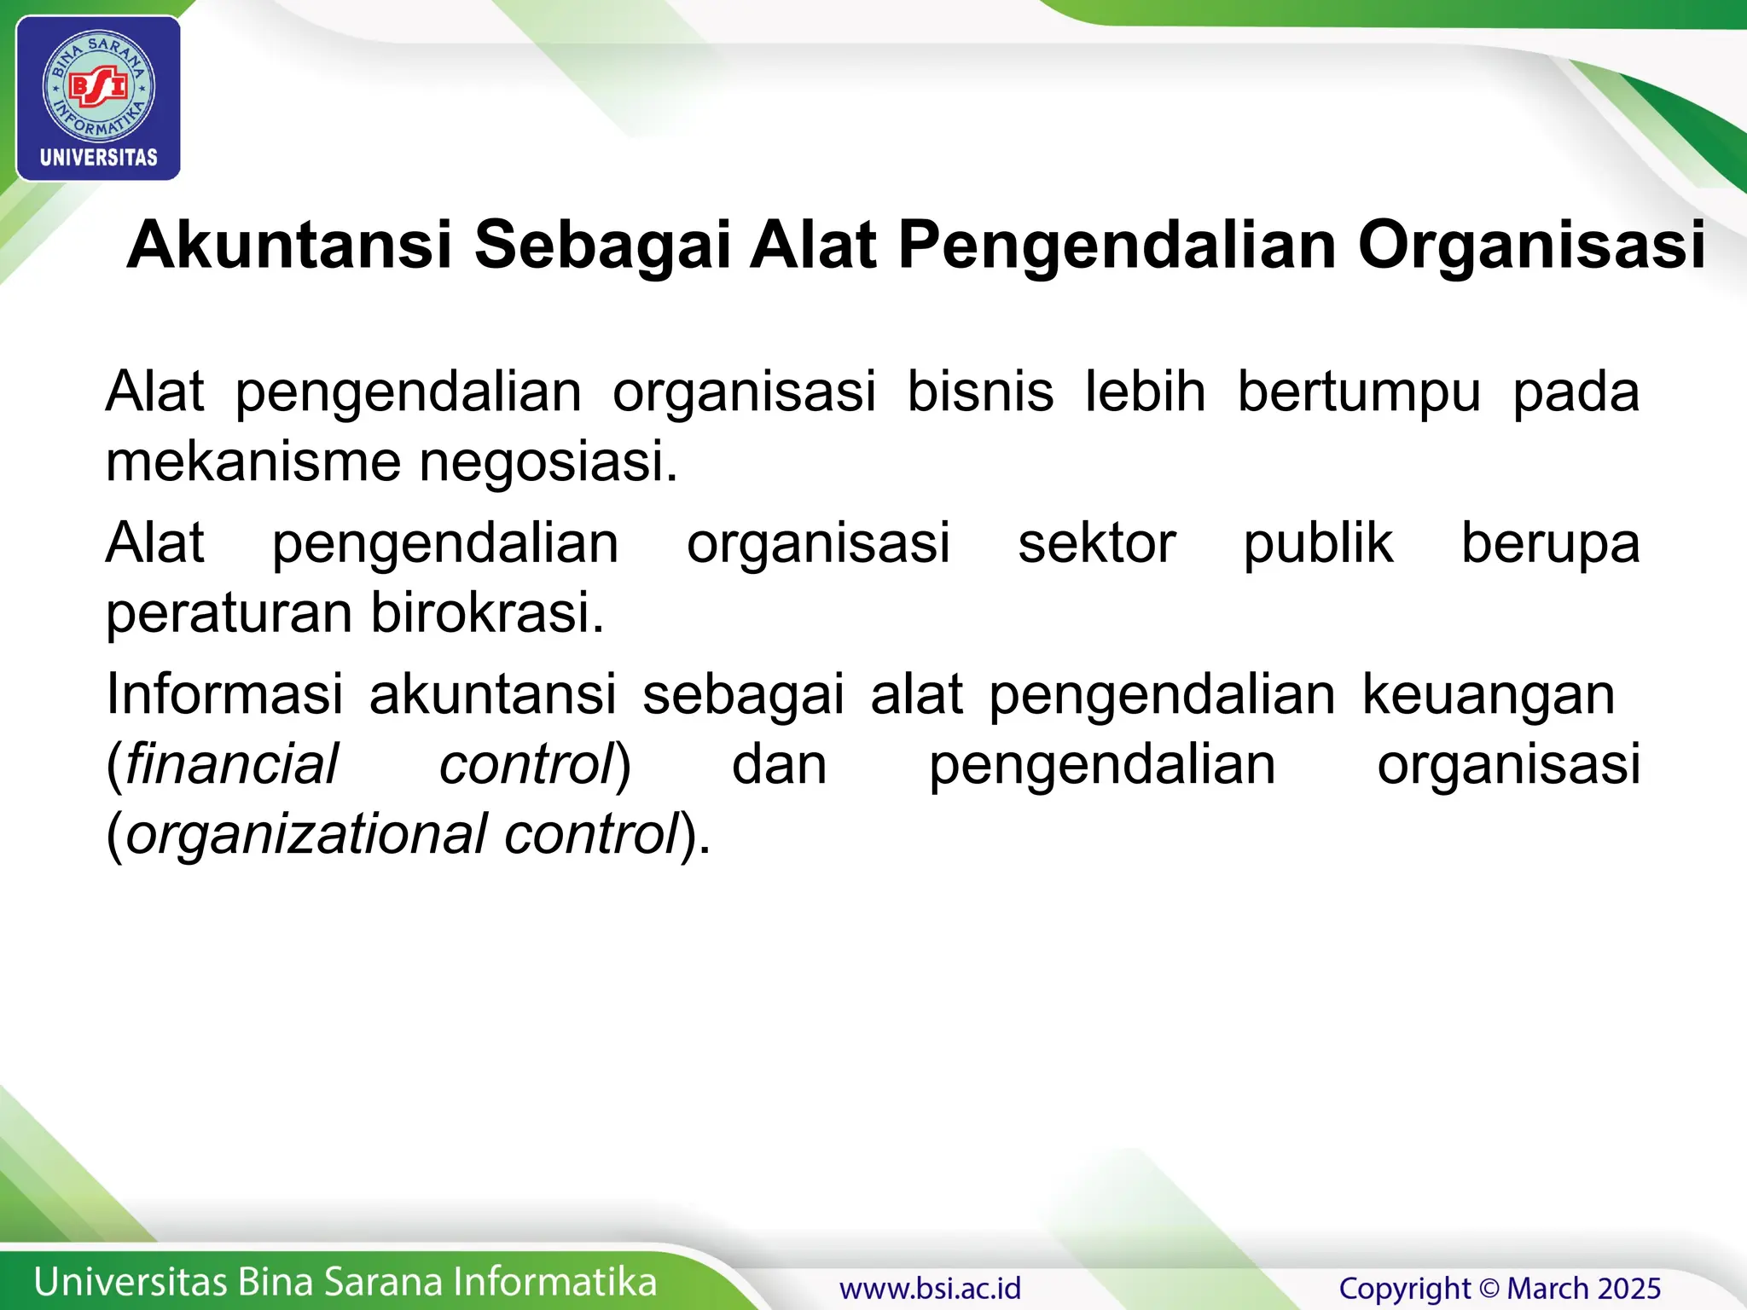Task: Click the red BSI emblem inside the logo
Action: [98, 87]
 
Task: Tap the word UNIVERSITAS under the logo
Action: [99, 158]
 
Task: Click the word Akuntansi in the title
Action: [289, 246]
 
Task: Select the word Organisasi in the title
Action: [1531, 246]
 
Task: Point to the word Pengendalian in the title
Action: [1117, 246]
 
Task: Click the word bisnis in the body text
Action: [980, 392]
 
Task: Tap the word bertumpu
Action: [1359, 392]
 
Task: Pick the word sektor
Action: [1097, 543]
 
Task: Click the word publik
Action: [1318, 543]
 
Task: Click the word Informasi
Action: [224, 694]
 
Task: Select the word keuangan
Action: [1488, 694]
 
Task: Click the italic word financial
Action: [231, 764]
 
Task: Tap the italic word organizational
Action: [306, 834]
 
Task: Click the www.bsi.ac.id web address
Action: [930, 1288]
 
